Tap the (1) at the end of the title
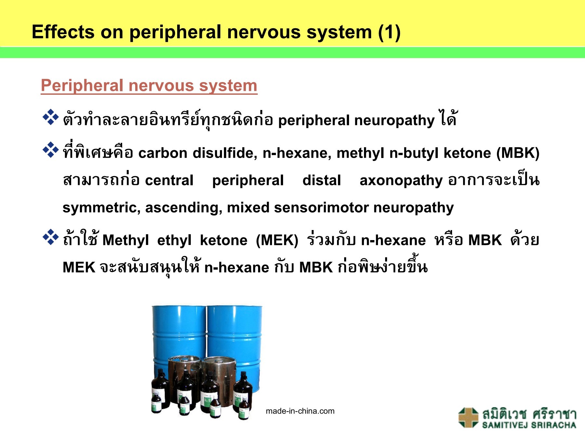(389, 32)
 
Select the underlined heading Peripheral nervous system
(149, 86)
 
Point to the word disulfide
(225, 153)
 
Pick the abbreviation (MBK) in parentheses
(517, 153)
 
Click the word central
(169, 180)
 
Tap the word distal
(321, 180)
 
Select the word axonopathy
(401, 181)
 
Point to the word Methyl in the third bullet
(125, 240)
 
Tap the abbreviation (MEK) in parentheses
(277, 240)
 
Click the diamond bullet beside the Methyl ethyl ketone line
(50, 237)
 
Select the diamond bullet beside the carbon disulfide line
(50, 150)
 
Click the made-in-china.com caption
(300, 411)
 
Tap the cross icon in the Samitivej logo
(468, 417)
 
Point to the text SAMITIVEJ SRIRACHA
(529, 425)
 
